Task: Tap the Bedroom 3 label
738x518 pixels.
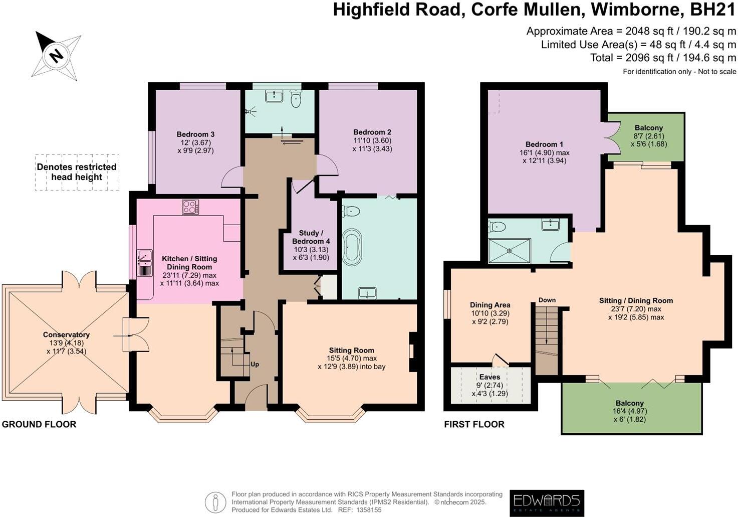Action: pos(195,134)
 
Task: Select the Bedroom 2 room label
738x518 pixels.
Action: pos(372,132)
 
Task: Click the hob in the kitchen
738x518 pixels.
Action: pos(190,207)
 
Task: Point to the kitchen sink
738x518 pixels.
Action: pos(144,263)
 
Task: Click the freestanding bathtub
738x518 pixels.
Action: pos(352,247)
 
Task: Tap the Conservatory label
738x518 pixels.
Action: pos(66,335)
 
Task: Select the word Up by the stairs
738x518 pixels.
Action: pos(255,365)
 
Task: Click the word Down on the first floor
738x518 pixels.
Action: pos(547,300)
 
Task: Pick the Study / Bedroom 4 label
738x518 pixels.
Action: pos(311,237)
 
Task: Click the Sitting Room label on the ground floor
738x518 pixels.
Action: pos(351,351)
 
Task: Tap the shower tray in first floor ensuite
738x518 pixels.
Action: pos(509,250)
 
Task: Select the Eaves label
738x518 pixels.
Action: pos(489,377)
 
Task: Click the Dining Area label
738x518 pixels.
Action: pos(489,305)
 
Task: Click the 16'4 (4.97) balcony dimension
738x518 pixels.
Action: pos(629,411)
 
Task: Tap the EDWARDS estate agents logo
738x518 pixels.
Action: pos(547,502)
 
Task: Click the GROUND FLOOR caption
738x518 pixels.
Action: pos(39,424)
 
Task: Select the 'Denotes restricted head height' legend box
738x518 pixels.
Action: pos(77,172)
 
